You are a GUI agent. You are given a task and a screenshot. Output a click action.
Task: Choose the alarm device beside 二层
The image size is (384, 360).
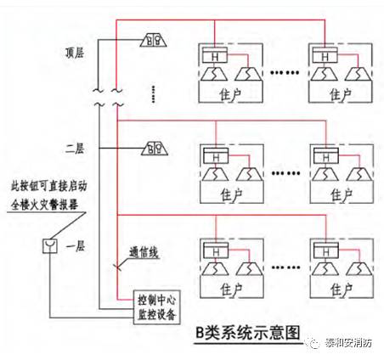(155, 147)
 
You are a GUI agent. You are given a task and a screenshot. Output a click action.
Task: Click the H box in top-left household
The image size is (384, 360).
(217, 55)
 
